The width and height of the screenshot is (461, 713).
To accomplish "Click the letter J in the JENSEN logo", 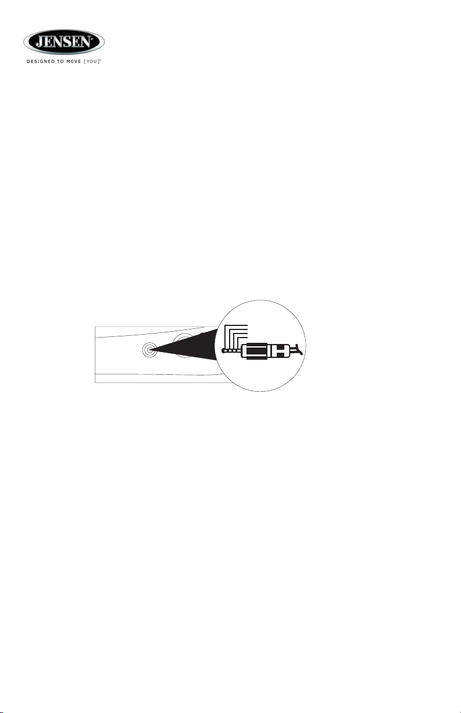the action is [x=40, y=41].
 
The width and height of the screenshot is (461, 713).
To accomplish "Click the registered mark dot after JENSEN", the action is [x=92, y=38].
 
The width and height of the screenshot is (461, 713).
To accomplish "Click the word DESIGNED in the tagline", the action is [x=41, y=62].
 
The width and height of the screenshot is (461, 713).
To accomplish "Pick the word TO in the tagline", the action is [x=60, y=62].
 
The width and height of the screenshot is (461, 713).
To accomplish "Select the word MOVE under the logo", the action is [x=73, y=62].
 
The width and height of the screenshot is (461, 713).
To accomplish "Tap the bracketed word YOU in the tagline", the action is [x=91, y=62].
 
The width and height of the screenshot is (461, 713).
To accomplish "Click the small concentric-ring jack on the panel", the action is [x=148, y=350].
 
